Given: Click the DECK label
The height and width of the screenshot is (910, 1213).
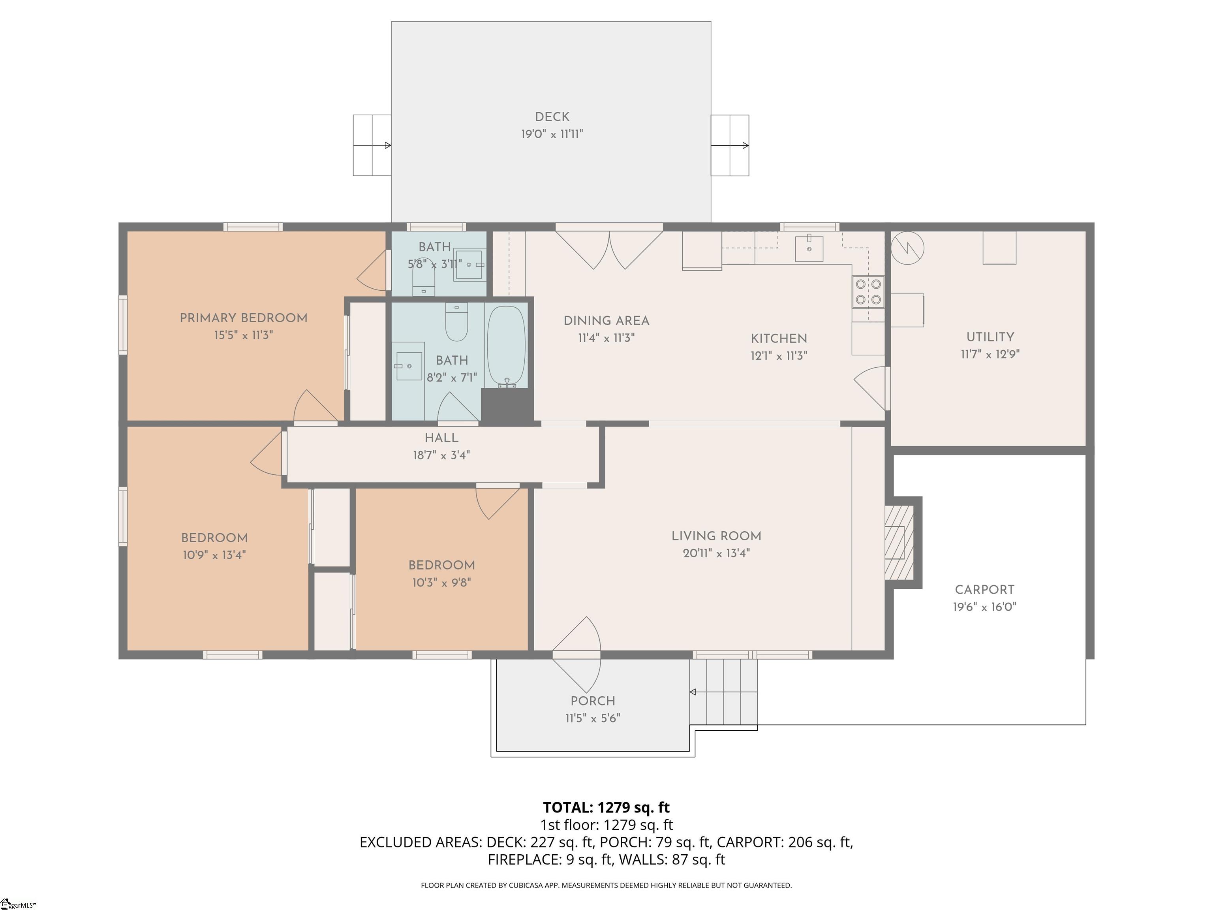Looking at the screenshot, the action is tap(552, 117).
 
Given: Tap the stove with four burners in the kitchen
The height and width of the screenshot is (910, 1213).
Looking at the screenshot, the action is tap(868, 291).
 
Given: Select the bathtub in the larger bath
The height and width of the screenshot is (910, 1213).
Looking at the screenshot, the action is tap(506, 346).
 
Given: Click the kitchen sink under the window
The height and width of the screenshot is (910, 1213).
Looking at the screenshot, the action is tap(809, 248).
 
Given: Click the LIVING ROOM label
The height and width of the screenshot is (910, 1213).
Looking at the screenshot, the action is tap(716, 536).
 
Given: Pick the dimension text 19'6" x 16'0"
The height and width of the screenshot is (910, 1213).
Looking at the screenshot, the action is tap(985, 607).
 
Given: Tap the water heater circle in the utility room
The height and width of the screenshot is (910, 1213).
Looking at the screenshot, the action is tap(907, 248).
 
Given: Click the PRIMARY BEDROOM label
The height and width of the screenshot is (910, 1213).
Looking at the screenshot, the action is tap(244, 318).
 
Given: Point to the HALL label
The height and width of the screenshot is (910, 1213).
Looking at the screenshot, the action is tap(441, 438).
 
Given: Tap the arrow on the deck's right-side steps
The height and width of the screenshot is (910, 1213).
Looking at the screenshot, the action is tap(730, 145).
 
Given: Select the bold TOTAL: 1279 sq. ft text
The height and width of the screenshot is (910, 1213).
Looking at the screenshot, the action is tap(606, 807).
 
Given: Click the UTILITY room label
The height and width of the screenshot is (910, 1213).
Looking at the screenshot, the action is tap(990, 337).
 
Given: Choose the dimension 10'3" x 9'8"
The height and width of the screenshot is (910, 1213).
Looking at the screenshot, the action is tap(441, 582).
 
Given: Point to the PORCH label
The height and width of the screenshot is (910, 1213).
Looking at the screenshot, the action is tap(593, 701).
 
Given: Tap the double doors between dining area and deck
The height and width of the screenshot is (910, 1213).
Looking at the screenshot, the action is tap(609, 250).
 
